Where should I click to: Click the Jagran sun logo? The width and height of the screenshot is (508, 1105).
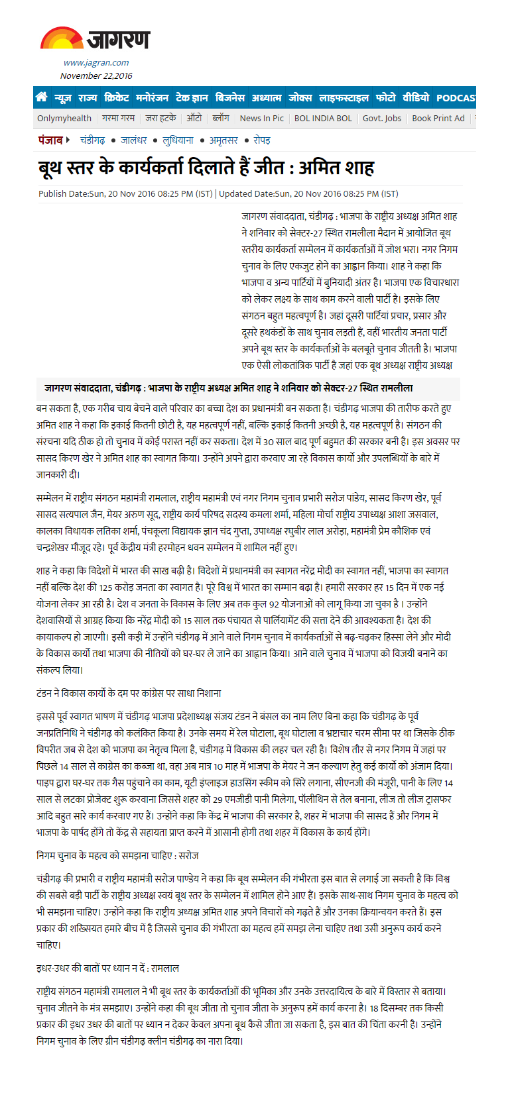point(61,38)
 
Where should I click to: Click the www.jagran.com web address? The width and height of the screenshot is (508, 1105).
point(96,63)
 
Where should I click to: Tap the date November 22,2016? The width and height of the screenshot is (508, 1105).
point(96,76)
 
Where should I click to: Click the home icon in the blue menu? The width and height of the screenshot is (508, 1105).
point(42,97)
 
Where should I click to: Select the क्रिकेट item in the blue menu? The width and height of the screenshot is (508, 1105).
point(117,98)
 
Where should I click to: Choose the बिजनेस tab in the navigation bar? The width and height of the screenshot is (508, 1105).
point(230,98)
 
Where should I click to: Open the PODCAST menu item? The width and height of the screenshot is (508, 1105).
point(456,98)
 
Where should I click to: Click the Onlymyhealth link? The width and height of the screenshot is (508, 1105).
point(64,119)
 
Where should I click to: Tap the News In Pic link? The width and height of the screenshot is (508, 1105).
point(261,119)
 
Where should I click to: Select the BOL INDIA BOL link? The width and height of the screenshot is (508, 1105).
point(323,119)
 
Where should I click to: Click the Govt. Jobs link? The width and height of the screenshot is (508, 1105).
point(382,119)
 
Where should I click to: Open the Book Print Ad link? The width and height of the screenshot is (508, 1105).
point(438,119)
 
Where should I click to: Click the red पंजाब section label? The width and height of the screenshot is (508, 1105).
point(51,140)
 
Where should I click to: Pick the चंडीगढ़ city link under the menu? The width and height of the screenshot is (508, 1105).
point(93,140)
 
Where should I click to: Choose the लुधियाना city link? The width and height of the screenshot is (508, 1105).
point(178,140)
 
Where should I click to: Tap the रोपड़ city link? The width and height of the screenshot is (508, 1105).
point(262,140)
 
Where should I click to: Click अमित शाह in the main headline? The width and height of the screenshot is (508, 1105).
point(336,168)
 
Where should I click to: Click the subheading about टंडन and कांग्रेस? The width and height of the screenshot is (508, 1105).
point(129,693)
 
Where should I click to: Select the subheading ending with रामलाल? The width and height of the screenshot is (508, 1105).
point(107,968)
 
